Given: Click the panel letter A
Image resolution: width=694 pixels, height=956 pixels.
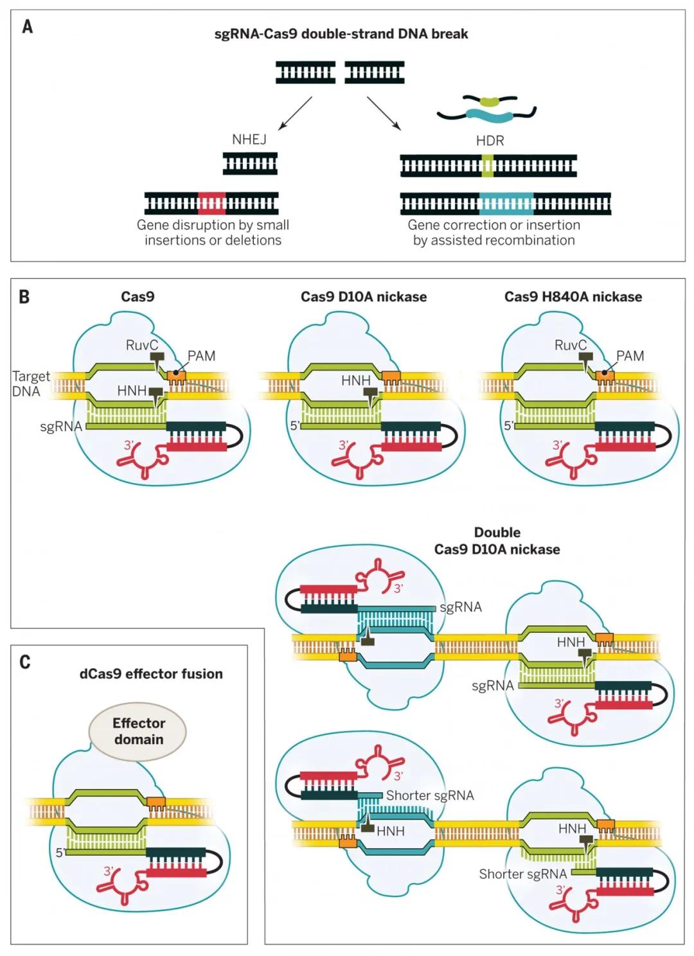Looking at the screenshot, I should coord(27,27).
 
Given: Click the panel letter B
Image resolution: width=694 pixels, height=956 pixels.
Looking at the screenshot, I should coord(24,297).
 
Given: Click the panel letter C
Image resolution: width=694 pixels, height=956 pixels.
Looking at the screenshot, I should coord(25,662).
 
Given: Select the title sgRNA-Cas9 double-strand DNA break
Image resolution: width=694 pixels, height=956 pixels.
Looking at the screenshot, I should coord(341,34).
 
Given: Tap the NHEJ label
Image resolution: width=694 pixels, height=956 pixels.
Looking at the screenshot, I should coord(249,139).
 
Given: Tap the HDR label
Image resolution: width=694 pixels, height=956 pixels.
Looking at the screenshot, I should coord(490,141).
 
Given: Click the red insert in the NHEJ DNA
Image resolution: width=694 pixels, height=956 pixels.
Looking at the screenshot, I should coord(211,204).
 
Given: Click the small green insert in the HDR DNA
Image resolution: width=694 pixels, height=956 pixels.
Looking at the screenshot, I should coord(488,166).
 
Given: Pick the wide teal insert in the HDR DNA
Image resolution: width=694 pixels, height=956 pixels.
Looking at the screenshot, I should coord(506,204).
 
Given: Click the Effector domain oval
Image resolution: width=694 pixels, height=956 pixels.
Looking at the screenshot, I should coord(138,731).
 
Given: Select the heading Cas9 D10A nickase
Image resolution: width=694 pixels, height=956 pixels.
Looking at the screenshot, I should coord(363,297).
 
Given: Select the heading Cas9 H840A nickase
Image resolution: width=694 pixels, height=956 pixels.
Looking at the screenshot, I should coord(573,297).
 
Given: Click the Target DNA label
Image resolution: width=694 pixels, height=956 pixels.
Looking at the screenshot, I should coord(29,384).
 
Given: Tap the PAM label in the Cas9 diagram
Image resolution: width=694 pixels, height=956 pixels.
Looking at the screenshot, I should coord(201,356).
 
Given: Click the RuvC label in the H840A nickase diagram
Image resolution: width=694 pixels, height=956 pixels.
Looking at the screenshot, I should coord(570,345).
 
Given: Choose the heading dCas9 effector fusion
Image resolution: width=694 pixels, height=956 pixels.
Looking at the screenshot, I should coord(151,674).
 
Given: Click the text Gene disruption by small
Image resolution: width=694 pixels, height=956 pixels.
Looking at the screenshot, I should coord(213,225).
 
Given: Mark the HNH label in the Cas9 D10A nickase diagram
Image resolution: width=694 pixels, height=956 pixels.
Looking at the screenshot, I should coord(355,381).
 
